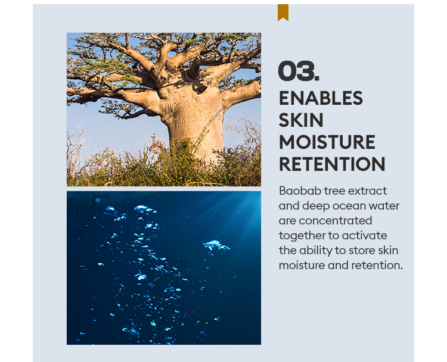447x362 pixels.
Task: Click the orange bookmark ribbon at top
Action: [x=283, y=13]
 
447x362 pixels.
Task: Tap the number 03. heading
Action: [x=299, y=71]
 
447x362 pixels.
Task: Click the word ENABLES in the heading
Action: [x=321, y=98]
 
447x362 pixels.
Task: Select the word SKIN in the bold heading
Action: [x=301, y=120]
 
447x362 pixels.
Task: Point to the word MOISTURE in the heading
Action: [x=327, y=142]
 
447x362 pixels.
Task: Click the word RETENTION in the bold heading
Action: [x=332, y=164]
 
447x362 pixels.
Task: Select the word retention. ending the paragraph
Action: [x=377, y=266]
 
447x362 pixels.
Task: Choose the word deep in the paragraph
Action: [x=316, y=206]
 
